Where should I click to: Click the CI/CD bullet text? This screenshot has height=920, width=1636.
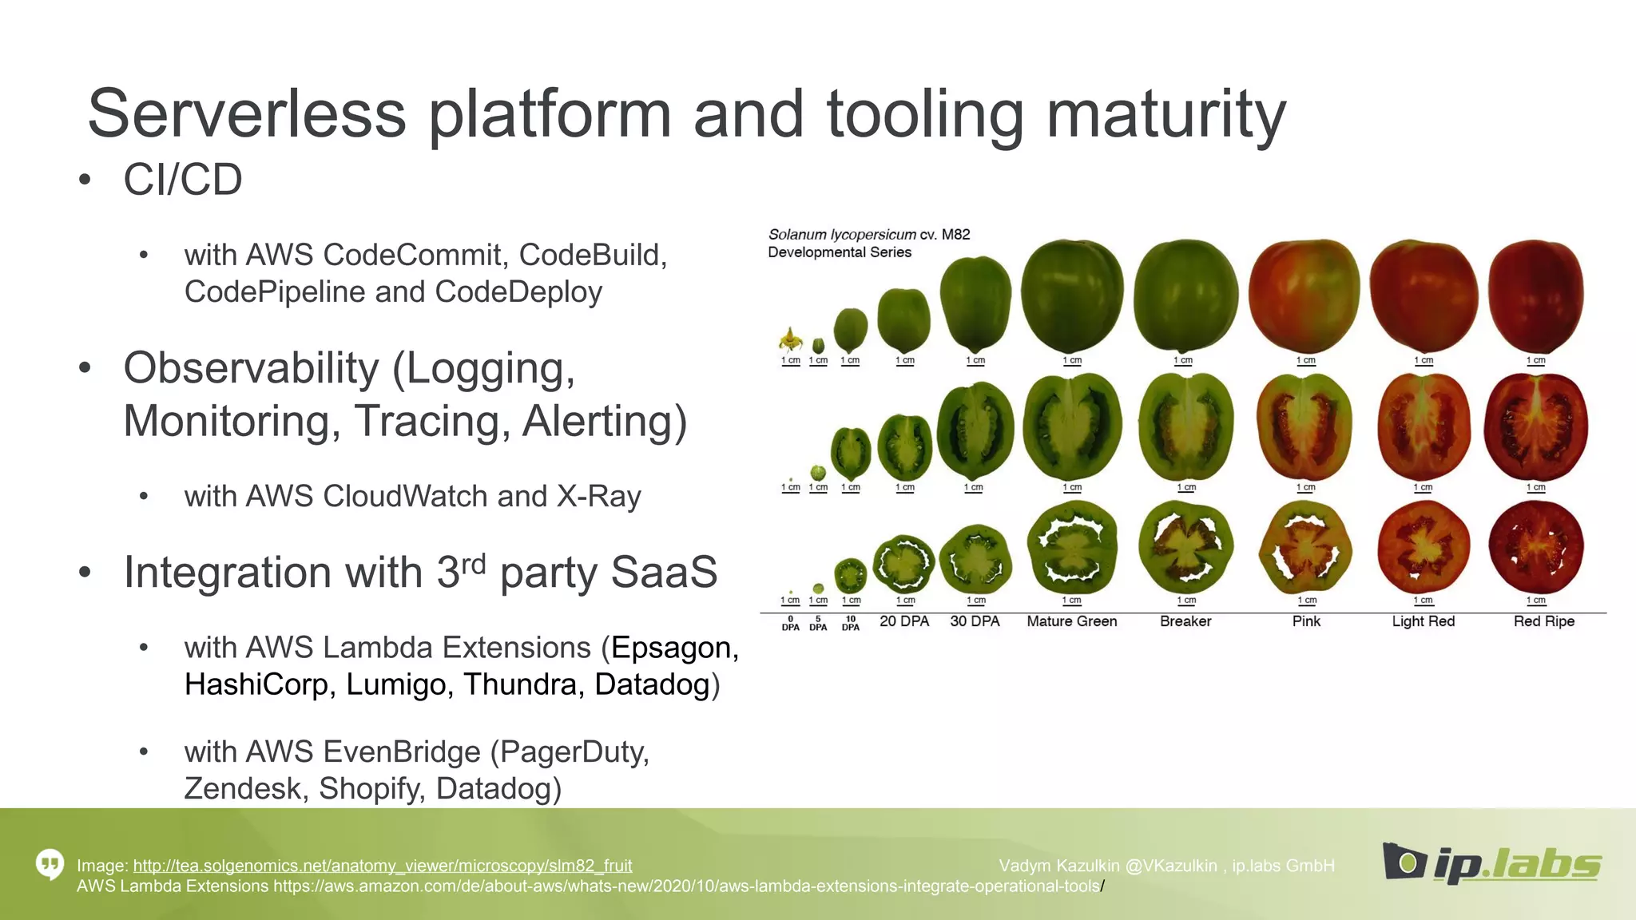pyautogui.click(x=182, y=180)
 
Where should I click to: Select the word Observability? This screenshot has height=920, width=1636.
pyautogui.click(x=250, y=369)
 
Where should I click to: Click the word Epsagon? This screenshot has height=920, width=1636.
pyautogui.click(x=671, y=648)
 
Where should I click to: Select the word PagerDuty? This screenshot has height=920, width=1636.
pyautogui.click(x=570, y=752)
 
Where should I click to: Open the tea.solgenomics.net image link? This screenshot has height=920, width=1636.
pyautogui.click(x=382, y=866)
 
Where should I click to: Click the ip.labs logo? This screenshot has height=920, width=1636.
pyautogui.click(x=1491, y=862)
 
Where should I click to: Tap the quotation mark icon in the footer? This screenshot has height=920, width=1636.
pyautogui.click(x=50, y=864)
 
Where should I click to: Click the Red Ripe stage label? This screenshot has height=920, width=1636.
pyautogui.click(x=1543, y=621)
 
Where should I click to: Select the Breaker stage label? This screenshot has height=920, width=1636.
pyautogui.click(x=1185, y=621)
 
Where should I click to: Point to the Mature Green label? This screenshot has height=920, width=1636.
pyautogui.click(x=1071, y=621)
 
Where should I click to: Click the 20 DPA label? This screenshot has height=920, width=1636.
pyautogui.click(x=904, y=621)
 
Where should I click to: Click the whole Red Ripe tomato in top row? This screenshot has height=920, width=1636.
pyautogui.click(x=1535, y=295)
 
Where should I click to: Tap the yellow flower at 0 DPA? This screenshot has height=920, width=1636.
pyautogui.click(x=791, y=340)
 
